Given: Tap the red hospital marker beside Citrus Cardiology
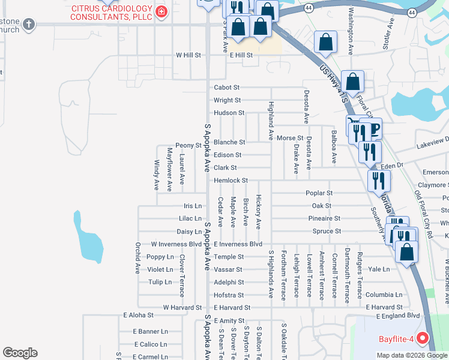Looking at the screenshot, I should click(160, 12).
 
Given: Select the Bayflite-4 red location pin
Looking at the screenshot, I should click(423, 339).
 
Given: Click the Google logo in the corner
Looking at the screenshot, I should click(20, 353).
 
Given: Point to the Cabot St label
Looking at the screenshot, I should click(227, 88).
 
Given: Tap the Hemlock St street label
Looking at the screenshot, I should click(231, 181).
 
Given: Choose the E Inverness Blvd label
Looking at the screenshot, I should click(238, 244).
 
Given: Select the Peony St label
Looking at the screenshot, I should click(188, 146).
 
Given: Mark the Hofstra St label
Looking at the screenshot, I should click(229, 295).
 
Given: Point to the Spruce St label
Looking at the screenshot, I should click(327, 231).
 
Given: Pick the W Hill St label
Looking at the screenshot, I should click(188, 55).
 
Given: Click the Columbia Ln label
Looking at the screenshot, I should click(379, 295).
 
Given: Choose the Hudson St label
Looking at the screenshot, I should click(229, 113).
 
